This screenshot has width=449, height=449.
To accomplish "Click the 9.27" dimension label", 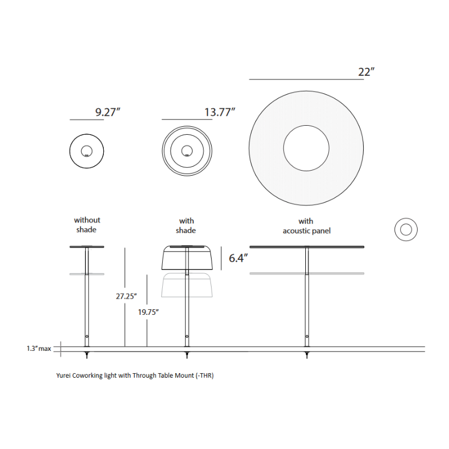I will pos(108,112).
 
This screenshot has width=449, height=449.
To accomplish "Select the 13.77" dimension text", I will pos(219,112).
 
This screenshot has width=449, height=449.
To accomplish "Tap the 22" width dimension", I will pos(366,72).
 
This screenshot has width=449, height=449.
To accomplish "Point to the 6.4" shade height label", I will pos(239,258).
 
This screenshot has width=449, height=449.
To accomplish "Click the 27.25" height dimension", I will pos(126,296).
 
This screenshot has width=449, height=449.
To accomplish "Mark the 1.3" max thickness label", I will pos(38,349).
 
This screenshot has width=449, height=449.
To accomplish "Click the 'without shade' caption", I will pos(87,225).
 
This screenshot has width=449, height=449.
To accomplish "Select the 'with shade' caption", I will pos(186,226).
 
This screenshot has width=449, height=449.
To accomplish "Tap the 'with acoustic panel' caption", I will pos(306,226).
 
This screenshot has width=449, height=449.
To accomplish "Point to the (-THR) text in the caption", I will pos(204,375).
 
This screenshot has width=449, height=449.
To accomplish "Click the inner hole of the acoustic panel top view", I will pos(306,148).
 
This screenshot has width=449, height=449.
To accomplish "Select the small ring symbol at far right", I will pos(406,230).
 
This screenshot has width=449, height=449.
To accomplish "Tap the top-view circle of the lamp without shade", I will pos(86,150).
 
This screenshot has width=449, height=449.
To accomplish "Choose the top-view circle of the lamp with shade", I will pos(187,150).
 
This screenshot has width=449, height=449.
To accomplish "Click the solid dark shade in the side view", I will pos(186,259).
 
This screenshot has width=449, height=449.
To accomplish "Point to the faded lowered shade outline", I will pos(186,286).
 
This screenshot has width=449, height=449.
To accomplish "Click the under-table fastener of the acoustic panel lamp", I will pos(306,354).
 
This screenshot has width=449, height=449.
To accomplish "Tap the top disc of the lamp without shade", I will pos(86,247).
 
